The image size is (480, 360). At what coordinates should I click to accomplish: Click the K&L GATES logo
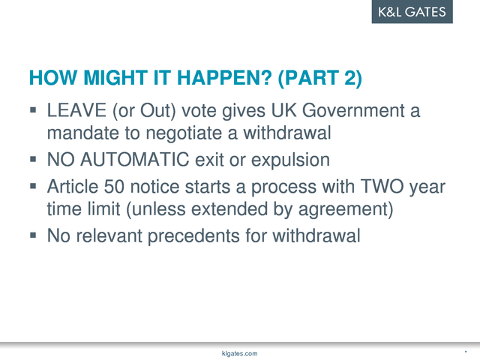pos(412,12)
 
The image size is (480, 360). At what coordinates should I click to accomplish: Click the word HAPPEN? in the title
pos(224,77)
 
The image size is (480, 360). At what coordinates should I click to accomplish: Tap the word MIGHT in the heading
pos(115,77)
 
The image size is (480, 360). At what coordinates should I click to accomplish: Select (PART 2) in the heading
pos(320,78)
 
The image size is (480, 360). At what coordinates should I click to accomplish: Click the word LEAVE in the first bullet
pos(76,110)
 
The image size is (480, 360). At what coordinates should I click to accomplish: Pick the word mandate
pos(83,133)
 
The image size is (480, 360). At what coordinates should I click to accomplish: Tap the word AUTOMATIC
pos(135,160)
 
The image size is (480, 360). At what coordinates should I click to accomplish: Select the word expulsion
pos(290,160)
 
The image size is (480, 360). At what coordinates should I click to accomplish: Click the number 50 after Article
pos(114,187)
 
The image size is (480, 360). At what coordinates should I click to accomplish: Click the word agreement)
pos(346,210)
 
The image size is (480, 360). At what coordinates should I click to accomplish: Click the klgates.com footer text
pos(240,353)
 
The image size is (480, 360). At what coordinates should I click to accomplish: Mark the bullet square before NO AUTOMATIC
pos(33,159)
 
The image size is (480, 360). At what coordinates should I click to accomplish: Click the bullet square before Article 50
pos(33,186)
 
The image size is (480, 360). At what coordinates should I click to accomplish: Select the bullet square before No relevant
pos(33,235)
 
